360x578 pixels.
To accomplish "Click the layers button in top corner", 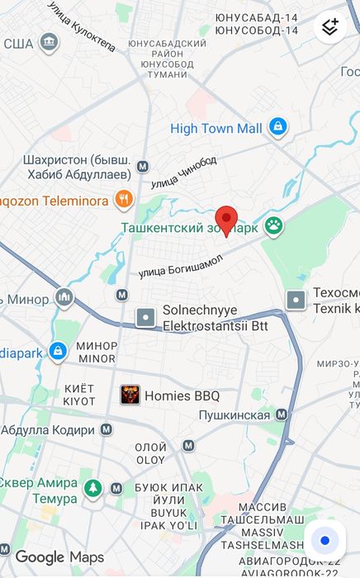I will pyautogui.click(x=330, y=26).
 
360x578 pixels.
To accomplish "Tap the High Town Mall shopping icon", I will pyautogui.click(x=278, y=127).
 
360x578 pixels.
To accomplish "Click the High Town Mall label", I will pyautogui.click(x=216, y=128).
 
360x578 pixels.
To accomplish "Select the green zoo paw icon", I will pyautogui.click(x=273, y=225).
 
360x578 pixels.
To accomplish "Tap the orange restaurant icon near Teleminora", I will pyautogui.click(x=124, y=197).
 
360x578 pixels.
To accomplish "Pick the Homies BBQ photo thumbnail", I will pyautogui.click(x=130, y=396).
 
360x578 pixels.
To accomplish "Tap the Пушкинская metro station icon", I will pyautogui.click(x=282, y=415).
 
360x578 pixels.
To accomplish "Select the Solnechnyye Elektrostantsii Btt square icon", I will pyautogui.click(x=146, y=316).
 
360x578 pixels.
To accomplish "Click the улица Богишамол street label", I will pyautogui.click(x=181, y=265).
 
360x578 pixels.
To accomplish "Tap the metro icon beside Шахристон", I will pyautogui.click(x=142, y=165).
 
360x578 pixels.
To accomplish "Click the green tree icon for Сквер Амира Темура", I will pyautogui.click(x=93, y=489).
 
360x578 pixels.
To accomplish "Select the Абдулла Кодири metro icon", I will pyautogui.click(x=107, y=429).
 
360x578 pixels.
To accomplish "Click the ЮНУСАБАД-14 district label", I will pyautogui.click(x=256, y=17).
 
